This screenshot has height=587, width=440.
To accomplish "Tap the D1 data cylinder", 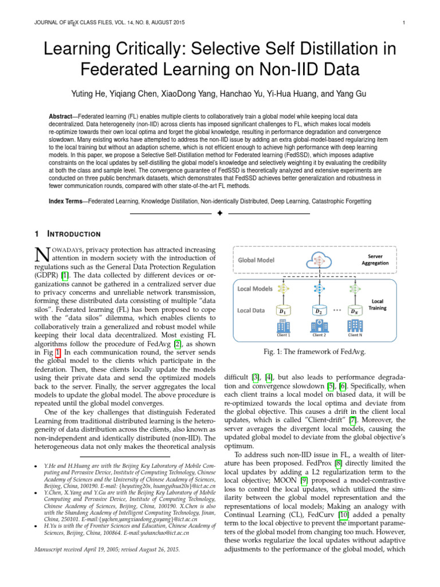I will click(282, 310).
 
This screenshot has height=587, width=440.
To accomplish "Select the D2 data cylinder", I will click(319, 310).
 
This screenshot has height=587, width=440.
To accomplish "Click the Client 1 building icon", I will click(282, 326).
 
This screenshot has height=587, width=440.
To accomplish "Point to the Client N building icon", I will click(354, 326).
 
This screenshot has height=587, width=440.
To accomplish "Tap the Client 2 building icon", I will click(319, 326).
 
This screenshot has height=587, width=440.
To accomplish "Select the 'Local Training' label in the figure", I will click(378, 304).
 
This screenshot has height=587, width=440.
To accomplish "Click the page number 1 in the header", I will click(404, 23).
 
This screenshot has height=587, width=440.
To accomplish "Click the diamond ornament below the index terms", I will click(220, 214).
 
